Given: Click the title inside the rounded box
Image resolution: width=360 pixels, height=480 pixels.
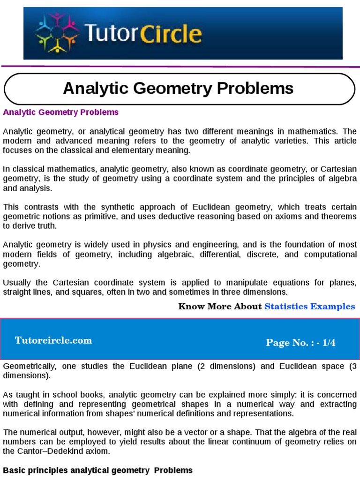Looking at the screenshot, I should coord(178,88).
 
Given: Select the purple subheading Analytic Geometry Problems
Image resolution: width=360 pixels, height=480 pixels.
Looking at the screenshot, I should coord(61,112).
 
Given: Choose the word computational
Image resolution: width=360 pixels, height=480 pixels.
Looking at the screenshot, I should coord(330,255).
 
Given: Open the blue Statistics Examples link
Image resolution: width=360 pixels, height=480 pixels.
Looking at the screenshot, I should coord(310,307).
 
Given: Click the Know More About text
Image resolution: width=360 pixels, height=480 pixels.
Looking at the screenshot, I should coord(220,307).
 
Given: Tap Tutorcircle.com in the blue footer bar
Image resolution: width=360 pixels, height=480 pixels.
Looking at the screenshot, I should coord(53,341).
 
